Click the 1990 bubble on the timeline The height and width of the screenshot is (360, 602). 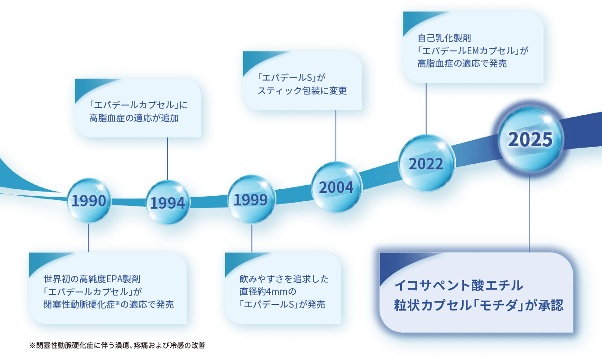coord(89,201)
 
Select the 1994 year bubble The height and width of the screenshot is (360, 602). coord(168,203)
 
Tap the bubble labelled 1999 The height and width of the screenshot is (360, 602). coord(251,200)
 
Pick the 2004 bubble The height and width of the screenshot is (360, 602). coord(336,187)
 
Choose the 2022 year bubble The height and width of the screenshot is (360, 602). coord(426,163)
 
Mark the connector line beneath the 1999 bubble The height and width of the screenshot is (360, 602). coord(252,238)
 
